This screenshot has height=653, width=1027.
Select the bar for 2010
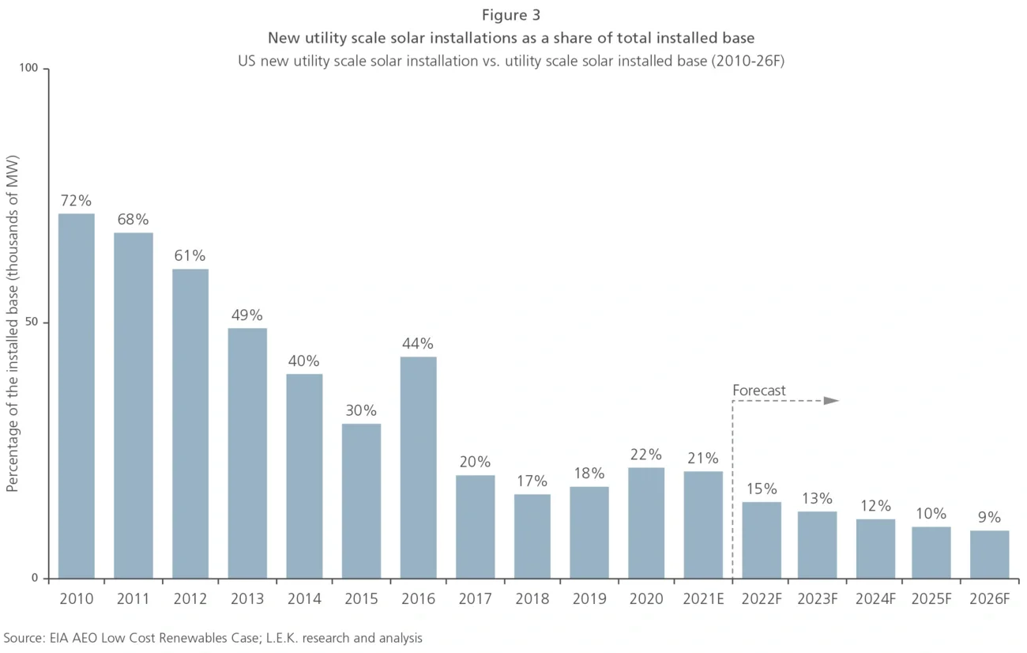pos(77,395)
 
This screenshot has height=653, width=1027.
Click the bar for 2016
pos(418,466)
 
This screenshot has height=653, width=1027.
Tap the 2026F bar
pos(990,553)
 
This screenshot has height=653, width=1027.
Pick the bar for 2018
pos(532,535)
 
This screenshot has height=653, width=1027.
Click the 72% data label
pos(77,201)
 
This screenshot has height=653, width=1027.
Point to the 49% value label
pos(246,315)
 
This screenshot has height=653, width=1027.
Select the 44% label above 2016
pos(418,344)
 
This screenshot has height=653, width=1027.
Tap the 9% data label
pos(990,518)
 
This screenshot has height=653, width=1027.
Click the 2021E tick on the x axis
pos(703,599)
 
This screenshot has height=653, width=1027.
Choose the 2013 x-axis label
pos(246,599)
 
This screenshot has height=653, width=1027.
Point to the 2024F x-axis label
pos(875,599)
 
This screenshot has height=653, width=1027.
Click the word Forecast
pos(759,391)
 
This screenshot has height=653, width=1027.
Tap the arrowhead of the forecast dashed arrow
pos(831,401)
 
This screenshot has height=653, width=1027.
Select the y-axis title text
pos(12,323)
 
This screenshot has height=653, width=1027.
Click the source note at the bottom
pos(213,638)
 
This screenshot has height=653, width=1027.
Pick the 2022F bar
pos(761,539)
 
